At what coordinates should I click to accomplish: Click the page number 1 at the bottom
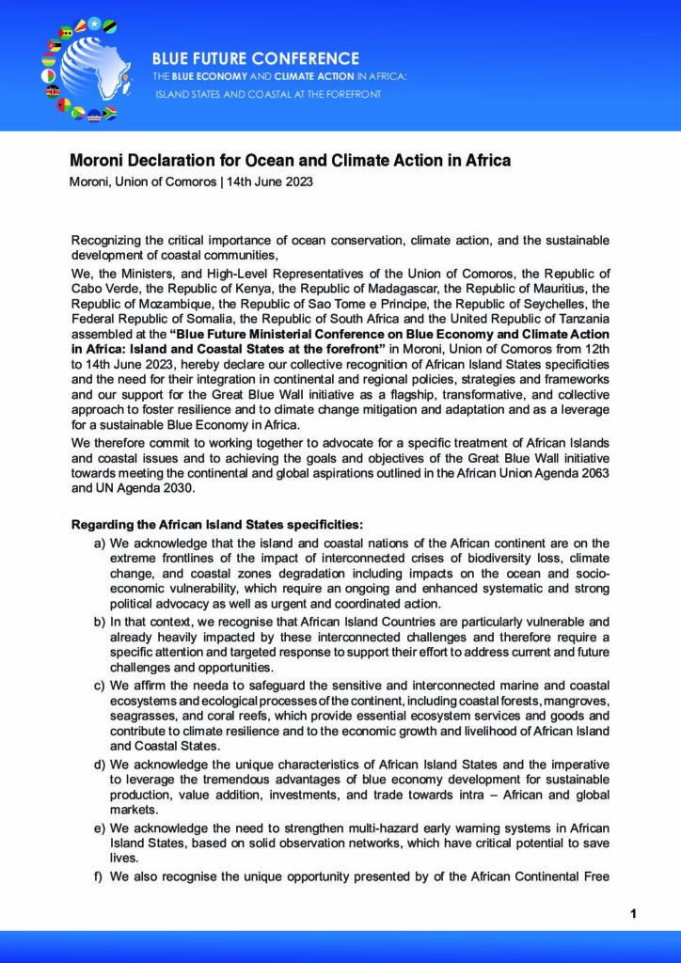(634, 913)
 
